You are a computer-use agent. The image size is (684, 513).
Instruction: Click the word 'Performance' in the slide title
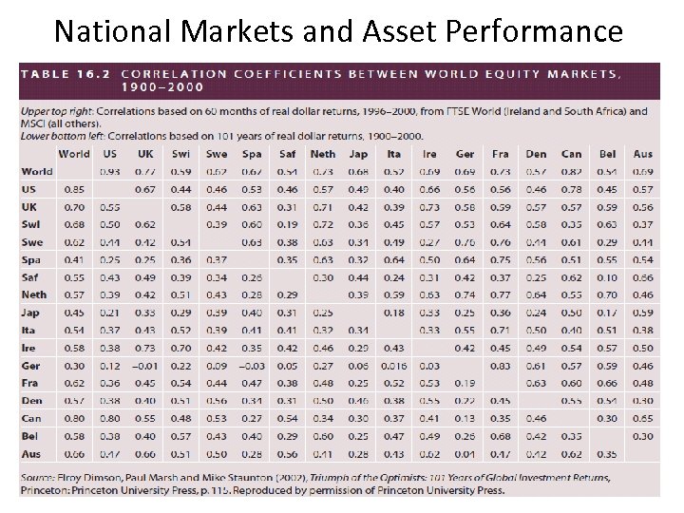(536, 31)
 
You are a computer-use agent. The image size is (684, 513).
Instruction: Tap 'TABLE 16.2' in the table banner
(65, 73)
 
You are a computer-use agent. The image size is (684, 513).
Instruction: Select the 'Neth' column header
(323, 154)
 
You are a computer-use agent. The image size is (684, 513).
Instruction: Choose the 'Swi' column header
(180, 154)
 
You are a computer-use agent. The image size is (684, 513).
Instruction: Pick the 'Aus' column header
(642, 154)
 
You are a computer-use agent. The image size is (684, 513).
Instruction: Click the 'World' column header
(74, 154)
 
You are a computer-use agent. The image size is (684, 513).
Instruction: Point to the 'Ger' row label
(32, 366)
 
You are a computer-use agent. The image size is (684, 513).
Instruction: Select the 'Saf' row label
(32, 276)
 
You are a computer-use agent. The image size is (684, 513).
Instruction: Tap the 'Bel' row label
(31, 436)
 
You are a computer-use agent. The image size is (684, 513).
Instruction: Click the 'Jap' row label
(32, 313)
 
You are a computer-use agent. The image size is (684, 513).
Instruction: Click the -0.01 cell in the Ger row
(144, 366)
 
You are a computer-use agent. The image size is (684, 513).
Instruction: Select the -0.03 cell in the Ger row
(251, 366)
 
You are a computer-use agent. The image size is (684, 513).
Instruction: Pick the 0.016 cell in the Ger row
(393, 366)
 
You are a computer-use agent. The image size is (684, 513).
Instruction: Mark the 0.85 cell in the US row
(74, 189)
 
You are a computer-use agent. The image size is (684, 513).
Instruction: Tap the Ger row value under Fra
(500, 366)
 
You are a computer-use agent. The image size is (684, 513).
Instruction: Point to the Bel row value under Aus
(642, 436)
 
